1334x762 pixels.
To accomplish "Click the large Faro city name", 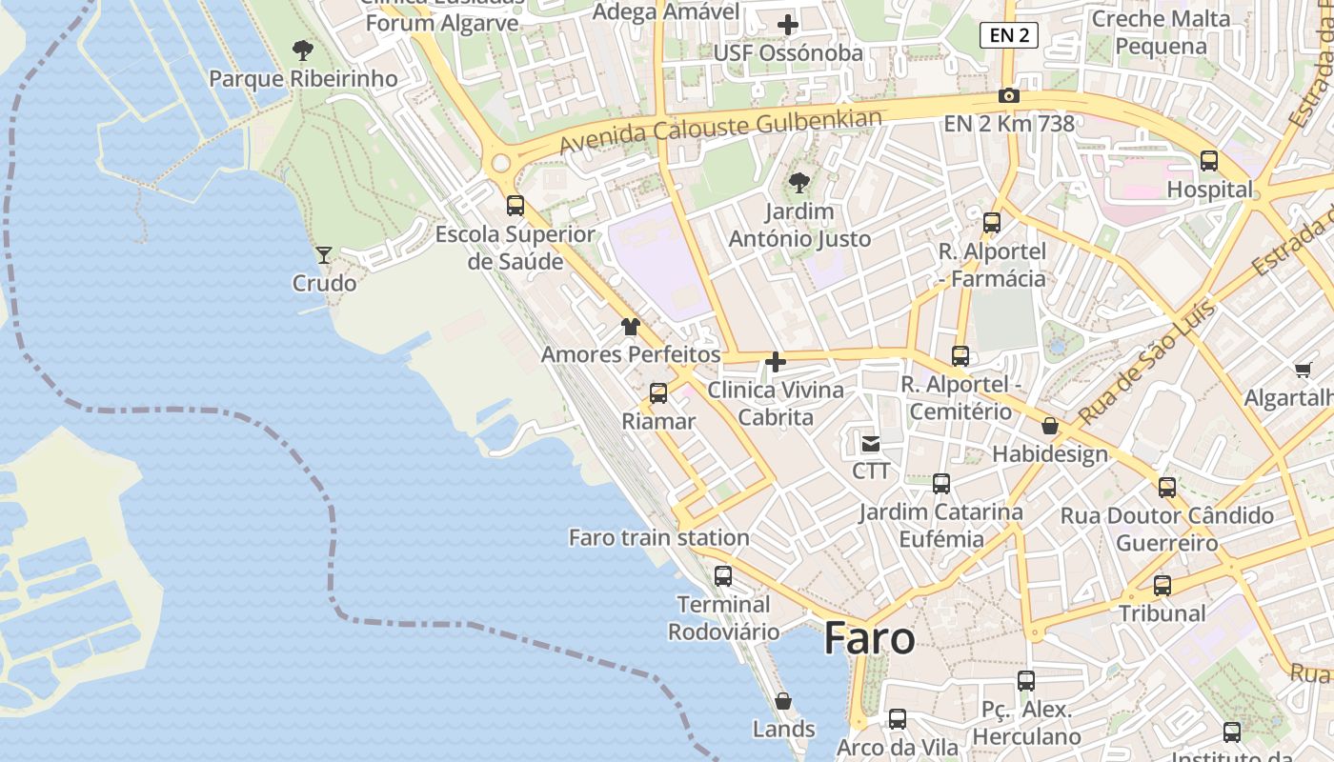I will [869, 638].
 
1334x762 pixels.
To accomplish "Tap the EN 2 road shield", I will [1008, 36].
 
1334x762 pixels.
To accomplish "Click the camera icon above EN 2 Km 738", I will [1008, 96].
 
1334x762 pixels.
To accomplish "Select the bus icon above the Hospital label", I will [1208, 161].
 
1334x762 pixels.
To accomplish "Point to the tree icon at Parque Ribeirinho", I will [302, 50].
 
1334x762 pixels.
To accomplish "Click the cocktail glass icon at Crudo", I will [324, 255].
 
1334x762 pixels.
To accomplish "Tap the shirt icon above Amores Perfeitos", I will [630, 327].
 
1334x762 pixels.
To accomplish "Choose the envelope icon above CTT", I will [871, 443].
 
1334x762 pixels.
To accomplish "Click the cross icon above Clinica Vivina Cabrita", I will [776, 362].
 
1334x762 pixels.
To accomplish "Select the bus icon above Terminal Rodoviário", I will [722, 576].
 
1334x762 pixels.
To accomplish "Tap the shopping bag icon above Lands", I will [783, 702].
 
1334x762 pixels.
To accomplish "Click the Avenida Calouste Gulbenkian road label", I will [720, 131].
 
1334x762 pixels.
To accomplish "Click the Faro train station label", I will [658, 538].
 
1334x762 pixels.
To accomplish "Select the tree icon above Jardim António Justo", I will [798, 182].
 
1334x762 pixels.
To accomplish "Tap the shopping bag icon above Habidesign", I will [1050, 426].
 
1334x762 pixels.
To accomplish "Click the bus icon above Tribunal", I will [1162, 586].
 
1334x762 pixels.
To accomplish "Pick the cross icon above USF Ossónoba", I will [787, 25].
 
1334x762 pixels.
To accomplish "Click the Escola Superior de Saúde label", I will [515, 248].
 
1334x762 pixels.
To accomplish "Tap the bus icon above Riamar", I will [657, 393].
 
